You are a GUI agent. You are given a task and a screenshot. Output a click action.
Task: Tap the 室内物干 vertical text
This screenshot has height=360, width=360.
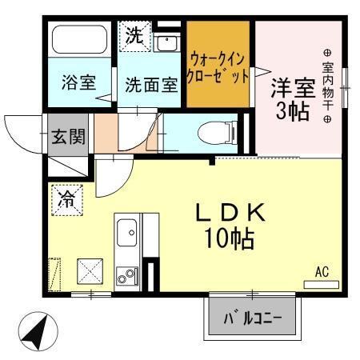(327, 78)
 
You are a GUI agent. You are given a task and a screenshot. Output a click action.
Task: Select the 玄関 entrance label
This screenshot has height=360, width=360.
(68, 137)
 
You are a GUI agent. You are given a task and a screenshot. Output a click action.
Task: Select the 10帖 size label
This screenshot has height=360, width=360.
(232, 238)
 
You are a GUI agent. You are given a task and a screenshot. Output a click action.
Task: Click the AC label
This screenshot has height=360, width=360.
(322, 272)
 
